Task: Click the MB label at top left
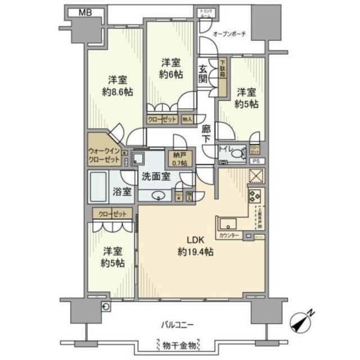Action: [85, 12]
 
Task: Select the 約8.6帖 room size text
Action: [118, 92]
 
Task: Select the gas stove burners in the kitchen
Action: [254, 197]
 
